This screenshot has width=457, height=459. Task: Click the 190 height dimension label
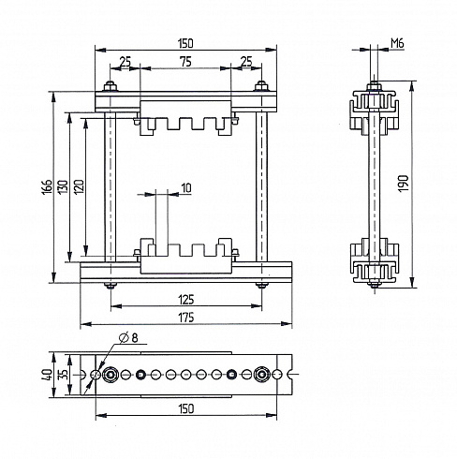point(404,184)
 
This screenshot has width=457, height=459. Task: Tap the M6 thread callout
point(397,44)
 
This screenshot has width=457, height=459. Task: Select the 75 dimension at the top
point(185,62)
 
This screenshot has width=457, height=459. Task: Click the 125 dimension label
point(186,300)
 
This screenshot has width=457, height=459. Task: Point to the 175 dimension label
point(186,318)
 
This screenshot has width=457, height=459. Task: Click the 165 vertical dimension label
point(47,186)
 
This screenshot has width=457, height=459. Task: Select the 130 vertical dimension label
point(63,186)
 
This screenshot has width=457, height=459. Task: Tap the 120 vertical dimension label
point(79,186)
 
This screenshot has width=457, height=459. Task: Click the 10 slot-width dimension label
point(186,188)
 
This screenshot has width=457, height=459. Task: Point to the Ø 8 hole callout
point(128,338)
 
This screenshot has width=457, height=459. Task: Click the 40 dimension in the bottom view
point(47,374)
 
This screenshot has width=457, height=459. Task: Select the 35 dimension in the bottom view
point(64,374)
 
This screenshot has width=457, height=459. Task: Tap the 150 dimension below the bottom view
point(186,408)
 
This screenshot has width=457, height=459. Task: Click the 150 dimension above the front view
point(186,43)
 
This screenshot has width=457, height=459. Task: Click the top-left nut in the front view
point(110,86)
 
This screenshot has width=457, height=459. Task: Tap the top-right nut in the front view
point(261,86)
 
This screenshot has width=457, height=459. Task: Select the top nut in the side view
point(374,86)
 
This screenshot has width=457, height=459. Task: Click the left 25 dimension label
point(125,62)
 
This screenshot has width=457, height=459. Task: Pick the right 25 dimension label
point(246,62)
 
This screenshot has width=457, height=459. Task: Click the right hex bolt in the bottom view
point(261,374)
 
